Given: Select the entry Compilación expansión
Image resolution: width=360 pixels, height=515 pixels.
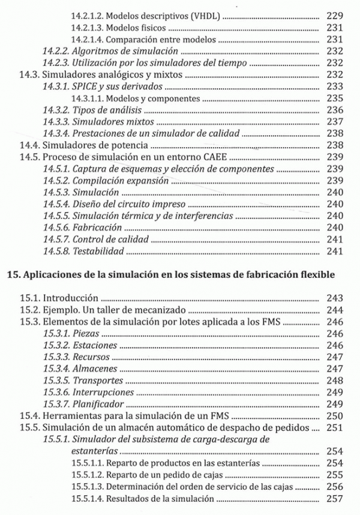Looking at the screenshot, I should click(118, 180).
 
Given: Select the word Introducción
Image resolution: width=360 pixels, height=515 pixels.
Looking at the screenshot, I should click(68, 298).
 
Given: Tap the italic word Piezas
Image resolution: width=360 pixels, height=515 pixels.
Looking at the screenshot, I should click(86, 333).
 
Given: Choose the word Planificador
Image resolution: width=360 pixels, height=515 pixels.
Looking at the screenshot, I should click(98, 403).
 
